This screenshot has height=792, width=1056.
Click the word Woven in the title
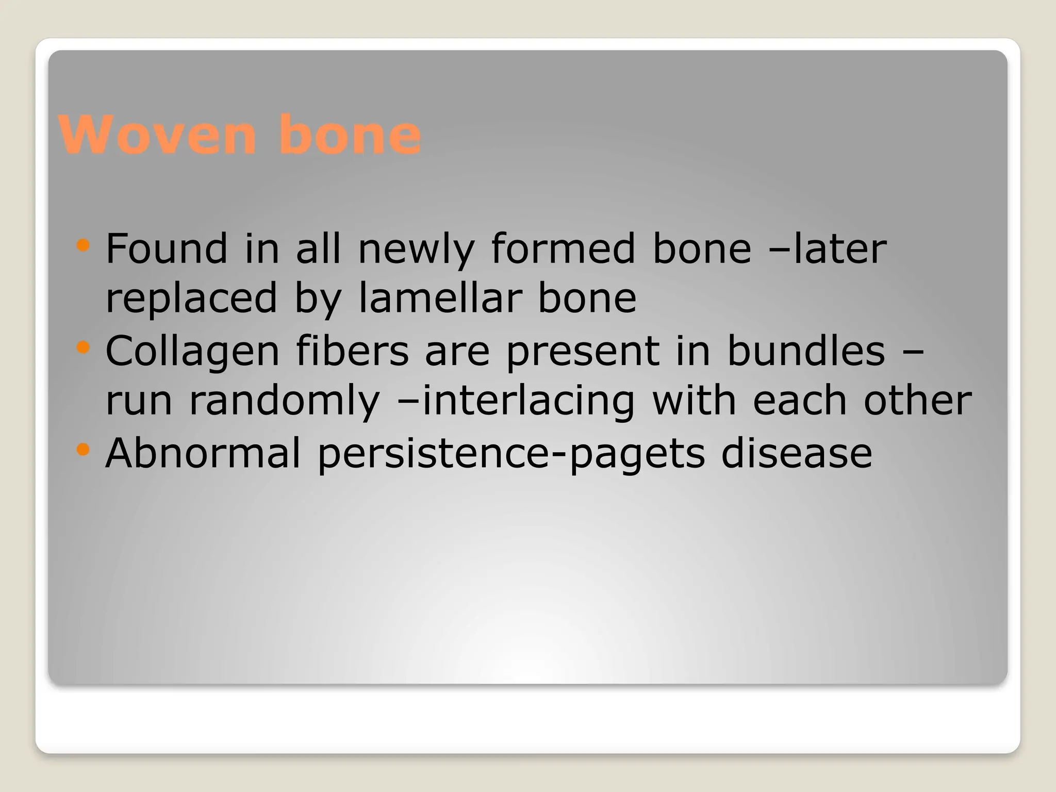[x=157, y=135]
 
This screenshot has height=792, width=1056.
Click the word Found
[x=166, y=249]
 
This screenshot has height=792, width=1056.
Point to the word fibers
[x=352, y=351]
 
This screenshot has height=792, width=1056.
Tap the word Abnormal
[x=203, y=453]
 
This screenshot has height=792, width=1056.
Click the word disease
[x=796, y=453]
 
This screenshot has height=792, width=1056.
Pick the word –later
[x=827, y=249]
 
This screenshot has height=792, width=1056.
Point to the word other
[x=917, y=401]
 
